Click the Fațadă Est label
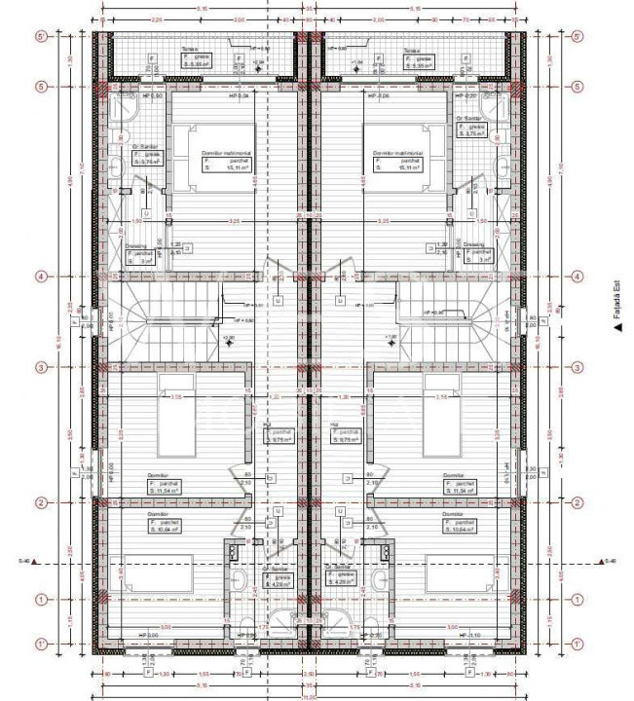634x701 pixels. [x=617, y=308]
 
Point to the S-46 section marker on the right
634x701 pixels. [x=611, y=562]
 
